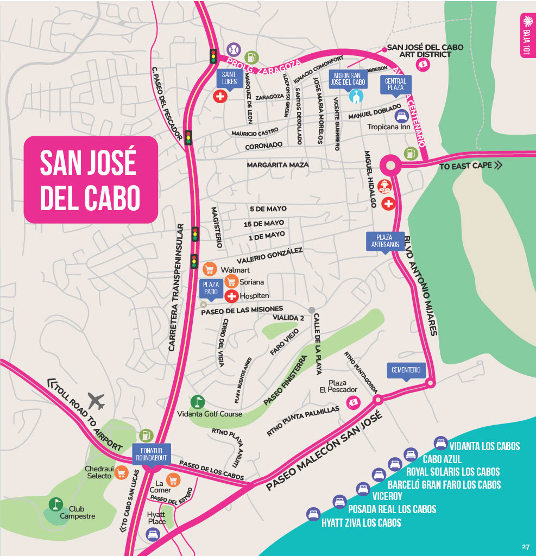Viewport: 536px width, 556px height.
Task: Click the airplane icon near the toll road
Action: click(x=96, y=401)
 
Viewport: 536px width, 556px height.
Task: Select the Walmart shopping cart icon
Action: click(x=210, y=269)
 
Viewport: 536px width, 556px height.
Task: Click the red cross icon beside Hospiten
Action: click(x=231, y=296)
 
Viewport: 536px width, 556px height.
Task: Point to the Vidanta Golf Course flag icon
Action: click(x=198, y=401)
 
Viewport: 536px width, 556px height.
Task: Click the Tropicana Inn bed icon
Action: click(x=401, y=116)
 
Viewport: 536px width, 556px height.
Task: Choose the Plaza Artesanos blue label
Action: click(x=386, y=241)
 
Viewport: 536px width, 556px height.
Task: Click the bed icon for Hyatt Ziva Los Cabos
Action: click(x=313, y=514)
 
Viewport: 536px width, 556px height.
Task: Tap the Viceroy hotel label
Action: click(x=387, y=496)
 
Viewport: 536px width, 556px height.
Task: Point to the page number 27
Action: click(x=525, y=546)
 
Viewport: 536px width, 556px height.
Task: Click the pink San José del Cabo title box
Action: click(x=90, y=179)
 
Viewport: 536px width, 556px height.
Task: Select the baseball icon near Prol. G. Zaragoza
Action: click(x=233, y=49)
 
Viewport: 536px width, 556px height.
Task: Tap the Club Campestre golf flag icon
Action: click(x=55, y=504)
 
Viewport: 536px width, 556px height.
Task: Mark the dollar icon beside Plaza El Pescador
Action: click(x=354, y=402)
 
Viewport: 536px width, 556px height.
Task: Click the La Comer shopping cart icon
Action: click(x=173, y=480)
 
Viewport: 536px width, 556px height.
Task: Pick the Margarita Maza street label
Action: click(x=278, y=165)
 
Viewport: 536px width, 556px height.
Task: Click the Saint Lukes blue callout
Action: click(x=229, y=78)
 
